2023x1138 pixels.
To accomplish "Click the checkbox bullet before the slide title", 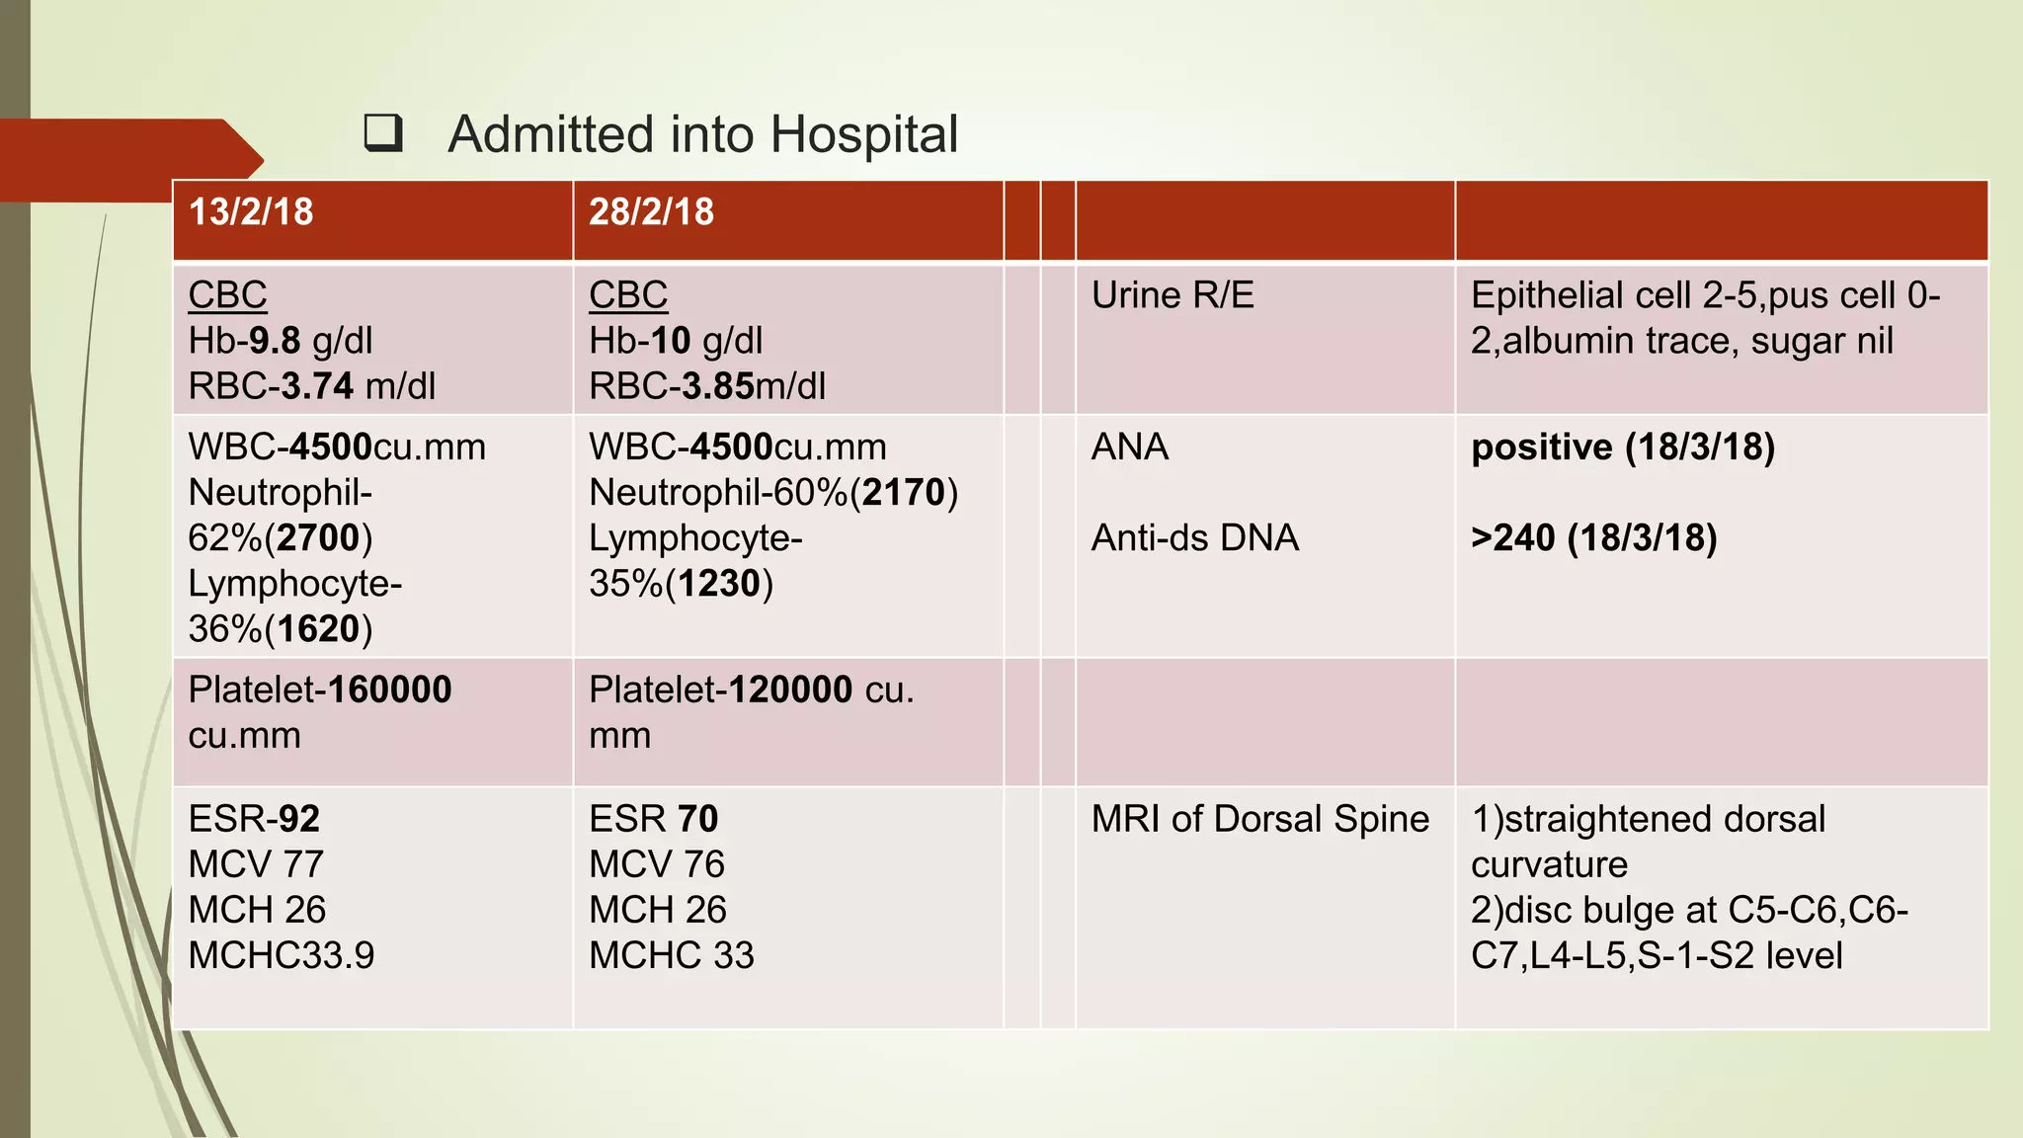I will point(383,133).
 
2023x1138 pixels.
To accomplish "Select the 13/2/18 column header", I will point(251,212).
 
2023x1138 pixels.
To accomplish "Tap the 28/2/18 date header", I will point(651,212).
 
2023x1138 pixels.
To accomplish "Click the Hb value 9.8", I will point(274,341).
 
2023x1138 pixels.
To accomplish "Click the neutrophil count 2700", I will point(318,538).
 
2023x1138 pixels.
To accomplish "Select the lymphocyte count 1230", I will point(719,584).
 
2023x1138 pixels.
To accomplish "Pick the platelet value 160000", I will point(389,690).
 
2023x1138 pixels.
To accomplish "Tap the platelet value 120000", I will point(790,690).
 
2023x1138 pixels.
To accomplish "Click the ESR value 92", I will point(299,819).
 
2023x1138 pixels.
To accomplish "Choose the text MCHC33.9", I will point(282,955).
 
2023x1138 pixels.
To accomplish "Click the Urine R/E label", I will point(1173,295).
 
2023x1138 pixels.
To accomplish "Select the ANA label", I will point(1130,447).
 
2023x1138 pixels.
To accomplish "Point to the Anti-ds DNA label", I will point(1195,538).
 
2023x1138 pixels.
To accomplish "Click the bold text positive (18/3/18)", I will point(1623,447).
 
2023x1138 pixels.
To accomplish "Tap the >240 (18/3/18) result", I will point(1593,538).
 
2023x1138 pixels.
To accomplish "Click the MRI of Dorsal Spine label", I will point(1260,819).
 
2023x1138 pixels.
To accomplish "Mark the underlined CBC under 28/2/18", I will point(628,295).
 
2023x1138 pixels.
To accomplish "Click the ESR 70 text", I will point(653,819).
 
